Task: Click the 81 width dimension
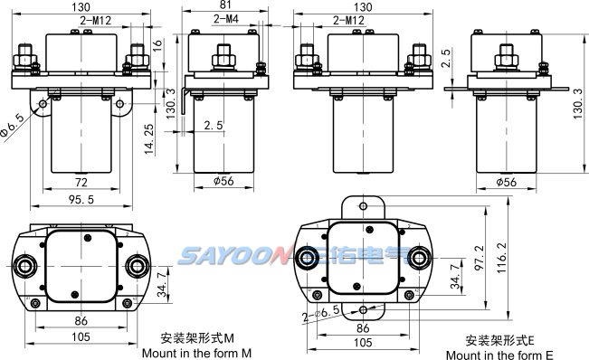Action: click(x=225, y=5)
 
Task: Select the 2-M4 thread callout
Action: click(x=226, y=19)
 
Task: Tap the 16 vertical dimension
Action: click(x=157, y=44)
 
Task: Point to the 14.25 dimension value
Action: click(x=149, y=139)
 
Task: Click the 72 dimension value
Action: click(x=81, y=183)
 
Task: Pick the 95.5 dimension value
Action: click(x=81, y=199)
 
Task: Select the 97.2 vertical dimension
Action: click(x=480, y=258)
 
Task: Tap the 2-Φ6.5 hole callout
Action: click(x=321, y=314)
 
